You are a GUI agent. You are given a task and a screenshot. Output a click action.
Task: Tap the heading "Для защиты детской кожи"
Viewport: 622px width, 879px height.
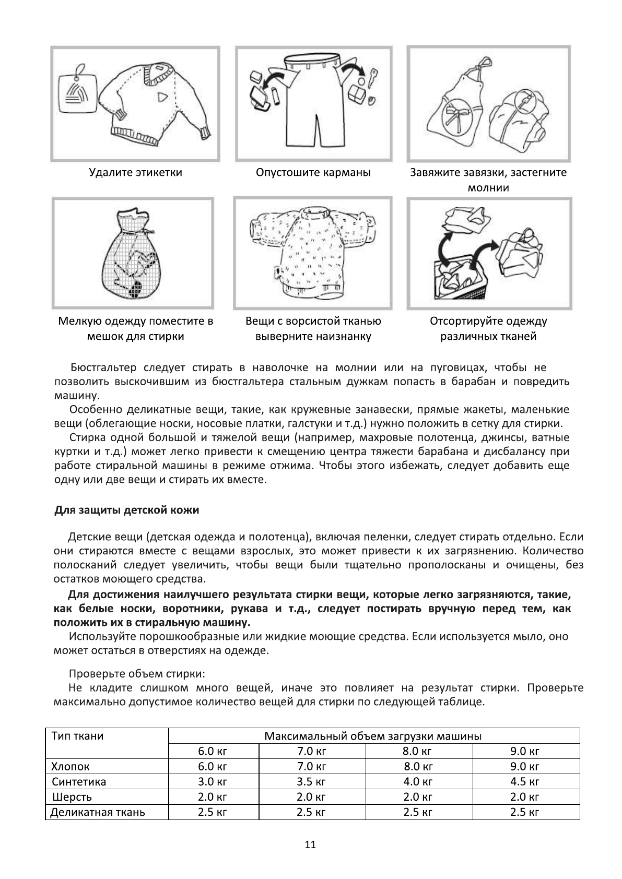click(x=127, y=510)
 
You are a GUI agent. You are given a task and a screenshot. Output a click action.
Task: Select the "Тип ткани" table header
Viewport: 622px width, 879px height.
click(x=78, y=736)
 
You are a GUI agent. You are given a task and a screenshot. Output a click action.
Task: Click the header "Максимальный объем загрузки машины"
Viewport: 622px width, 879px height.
click(x=373, y=736)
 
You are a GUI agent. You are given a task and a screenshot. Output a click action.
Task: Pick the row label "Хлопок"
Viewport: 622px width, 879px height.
click(x=71, y=767)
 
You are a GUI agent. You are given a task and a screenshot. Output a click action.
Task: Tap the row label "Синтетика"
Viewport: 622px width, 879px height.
click(x=79, y=782)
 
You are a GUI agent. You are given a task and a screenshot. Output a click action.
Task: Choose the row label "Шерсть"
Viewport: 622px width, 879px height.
click(x=72, y=797)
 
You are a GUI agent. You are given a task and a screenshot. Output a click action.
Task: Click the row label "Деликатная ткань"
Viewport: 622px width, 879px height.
click(x=98, y=812)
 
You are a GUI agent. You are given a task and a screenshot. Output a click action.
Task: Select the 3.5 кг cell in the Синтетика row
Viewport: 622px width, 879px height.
click(x=311, y=782)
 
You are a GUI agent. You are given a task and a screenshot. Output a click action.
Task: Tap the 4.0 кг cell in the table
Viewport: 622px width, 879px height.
click(x=418, y=782)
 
